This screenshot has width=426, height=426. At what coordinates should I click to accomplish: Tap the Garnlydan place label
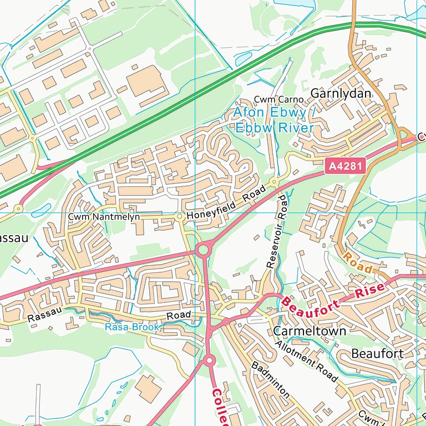341,94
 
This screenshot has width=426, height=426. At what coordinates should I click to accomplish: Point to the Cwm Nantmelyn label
104,217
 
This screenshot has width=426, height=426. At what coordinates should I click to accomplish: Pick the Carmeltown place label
310,331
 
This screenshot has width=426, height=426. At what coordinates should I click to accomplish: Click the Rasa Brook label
132,327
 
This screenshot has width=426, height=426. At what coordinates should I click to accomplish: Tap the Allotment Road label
306,362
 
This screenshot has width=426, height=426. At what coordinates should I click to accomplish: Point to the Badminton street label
270,380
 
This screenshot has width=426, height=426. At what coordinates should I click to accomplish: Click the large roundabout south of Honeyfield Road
203,250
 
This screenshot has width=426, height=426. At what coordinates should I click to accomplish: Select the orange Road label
358,262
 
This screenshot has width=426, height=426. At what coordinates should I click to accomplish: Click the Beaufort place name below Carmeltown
377,354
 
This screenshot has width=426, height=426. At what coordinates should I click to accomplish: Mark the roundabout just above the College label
209,361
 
